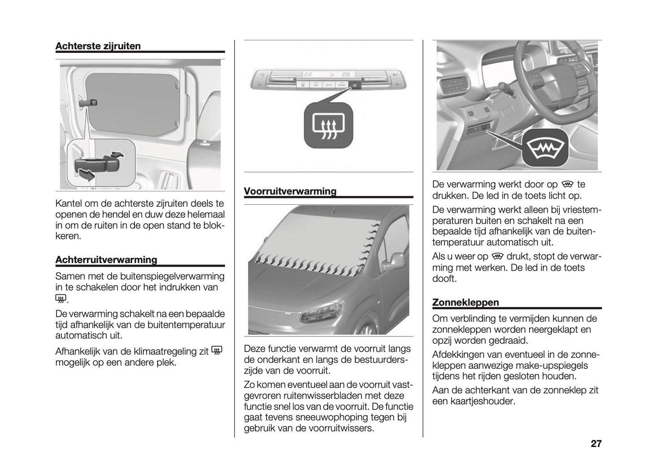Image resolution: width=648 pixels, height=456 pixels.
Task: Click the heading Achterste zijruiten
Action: (x=98, y=46)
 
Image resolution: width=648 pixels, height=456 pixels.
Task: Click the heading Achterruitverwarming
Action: (x=106, y=260)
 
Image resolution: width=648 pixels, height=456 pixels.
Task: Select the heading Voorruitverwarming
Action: (x=290, y=191)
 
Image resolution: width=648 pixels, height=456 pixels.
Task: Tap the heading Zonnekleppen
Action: (x=465, y=302)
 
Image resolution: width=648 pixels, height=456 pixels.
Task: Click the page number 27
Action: (x=596, y=444)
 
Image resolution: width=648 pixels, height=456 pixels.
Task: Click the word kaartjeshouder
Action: (x=485, y=401)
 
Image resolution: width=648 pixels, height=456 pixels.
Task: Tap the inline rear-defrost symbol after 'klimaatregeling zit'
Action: (x=217, y=352)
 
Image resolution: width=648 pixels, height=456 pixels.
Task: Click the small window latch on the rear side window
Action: (x=88, y=103)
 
